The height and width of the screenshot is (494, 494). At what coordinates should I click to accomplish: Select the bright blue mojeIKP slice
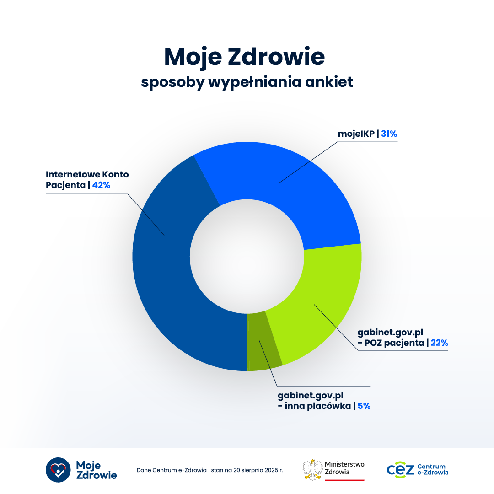tap(293, 183)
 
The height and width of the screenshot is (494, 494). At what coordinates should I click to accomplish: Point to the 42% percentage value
tap(101, 185)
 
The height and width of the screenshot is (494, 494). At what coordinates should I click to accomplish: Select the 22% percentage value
tap(439, 343)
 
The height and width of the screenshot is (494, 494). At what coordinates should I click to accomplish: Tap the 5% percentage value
tap(364, 406)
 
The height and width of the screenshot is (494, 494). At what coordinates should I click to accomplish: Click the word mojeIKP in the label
tap(356, 134)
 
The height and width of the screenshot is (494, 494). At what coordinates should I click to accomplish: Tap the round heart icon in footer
tap(58, 470)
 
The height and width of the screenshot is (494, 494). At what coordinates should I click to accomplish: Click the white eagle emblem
tap(313, 469)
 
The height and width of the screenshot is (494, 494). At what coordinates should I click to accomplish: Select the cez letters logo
tap(400, 470)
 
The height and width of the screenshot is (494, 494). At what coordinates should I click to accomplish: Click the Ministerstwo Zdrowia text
tap(344, 468)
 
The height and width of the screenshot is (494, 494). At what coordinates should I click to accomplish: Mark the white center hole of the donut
tap(247, 256)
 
